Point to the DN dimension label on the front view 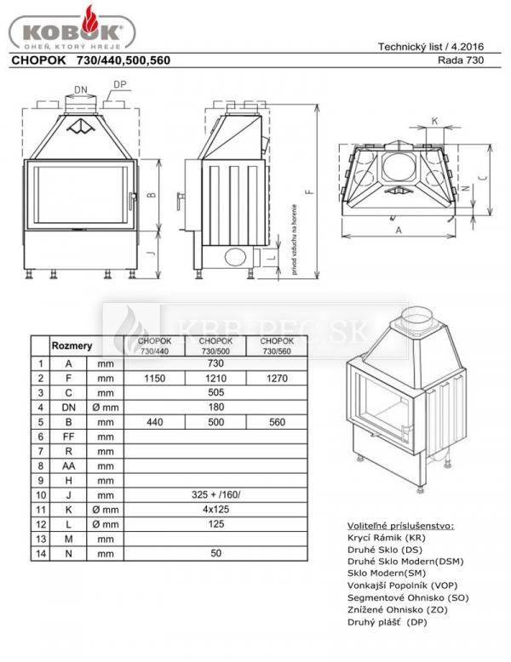point(81,88)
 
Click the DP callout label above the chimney point(120,83)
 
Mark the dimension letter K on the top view point(435,122)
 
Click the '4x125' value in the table point(214,509)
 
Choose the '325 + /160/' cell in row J point(214,494)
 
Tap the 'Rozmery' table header point(72,346)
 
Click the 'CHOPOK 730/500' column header point(214,345)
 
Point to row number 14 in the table point(39,553)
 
